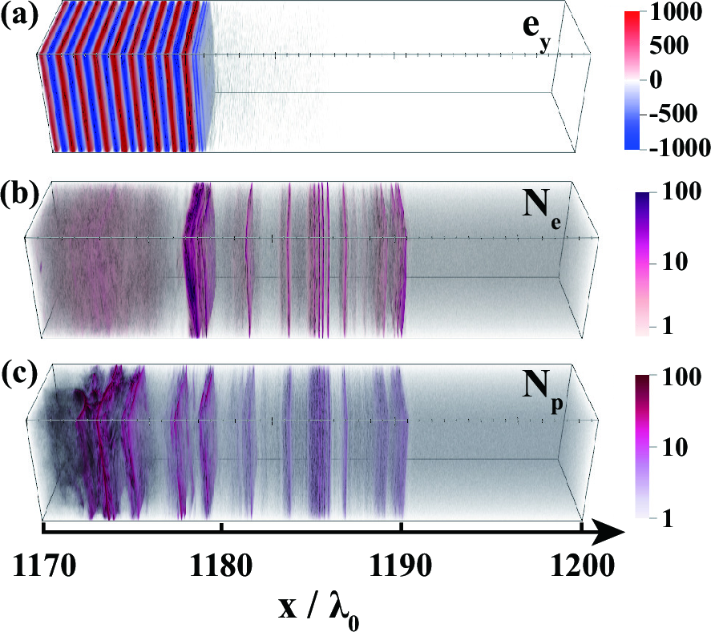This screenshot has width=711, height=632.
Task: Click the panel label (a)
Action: tap(17, 15)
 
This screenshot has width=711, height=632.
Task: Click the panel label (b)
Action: tap(17, 195)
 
